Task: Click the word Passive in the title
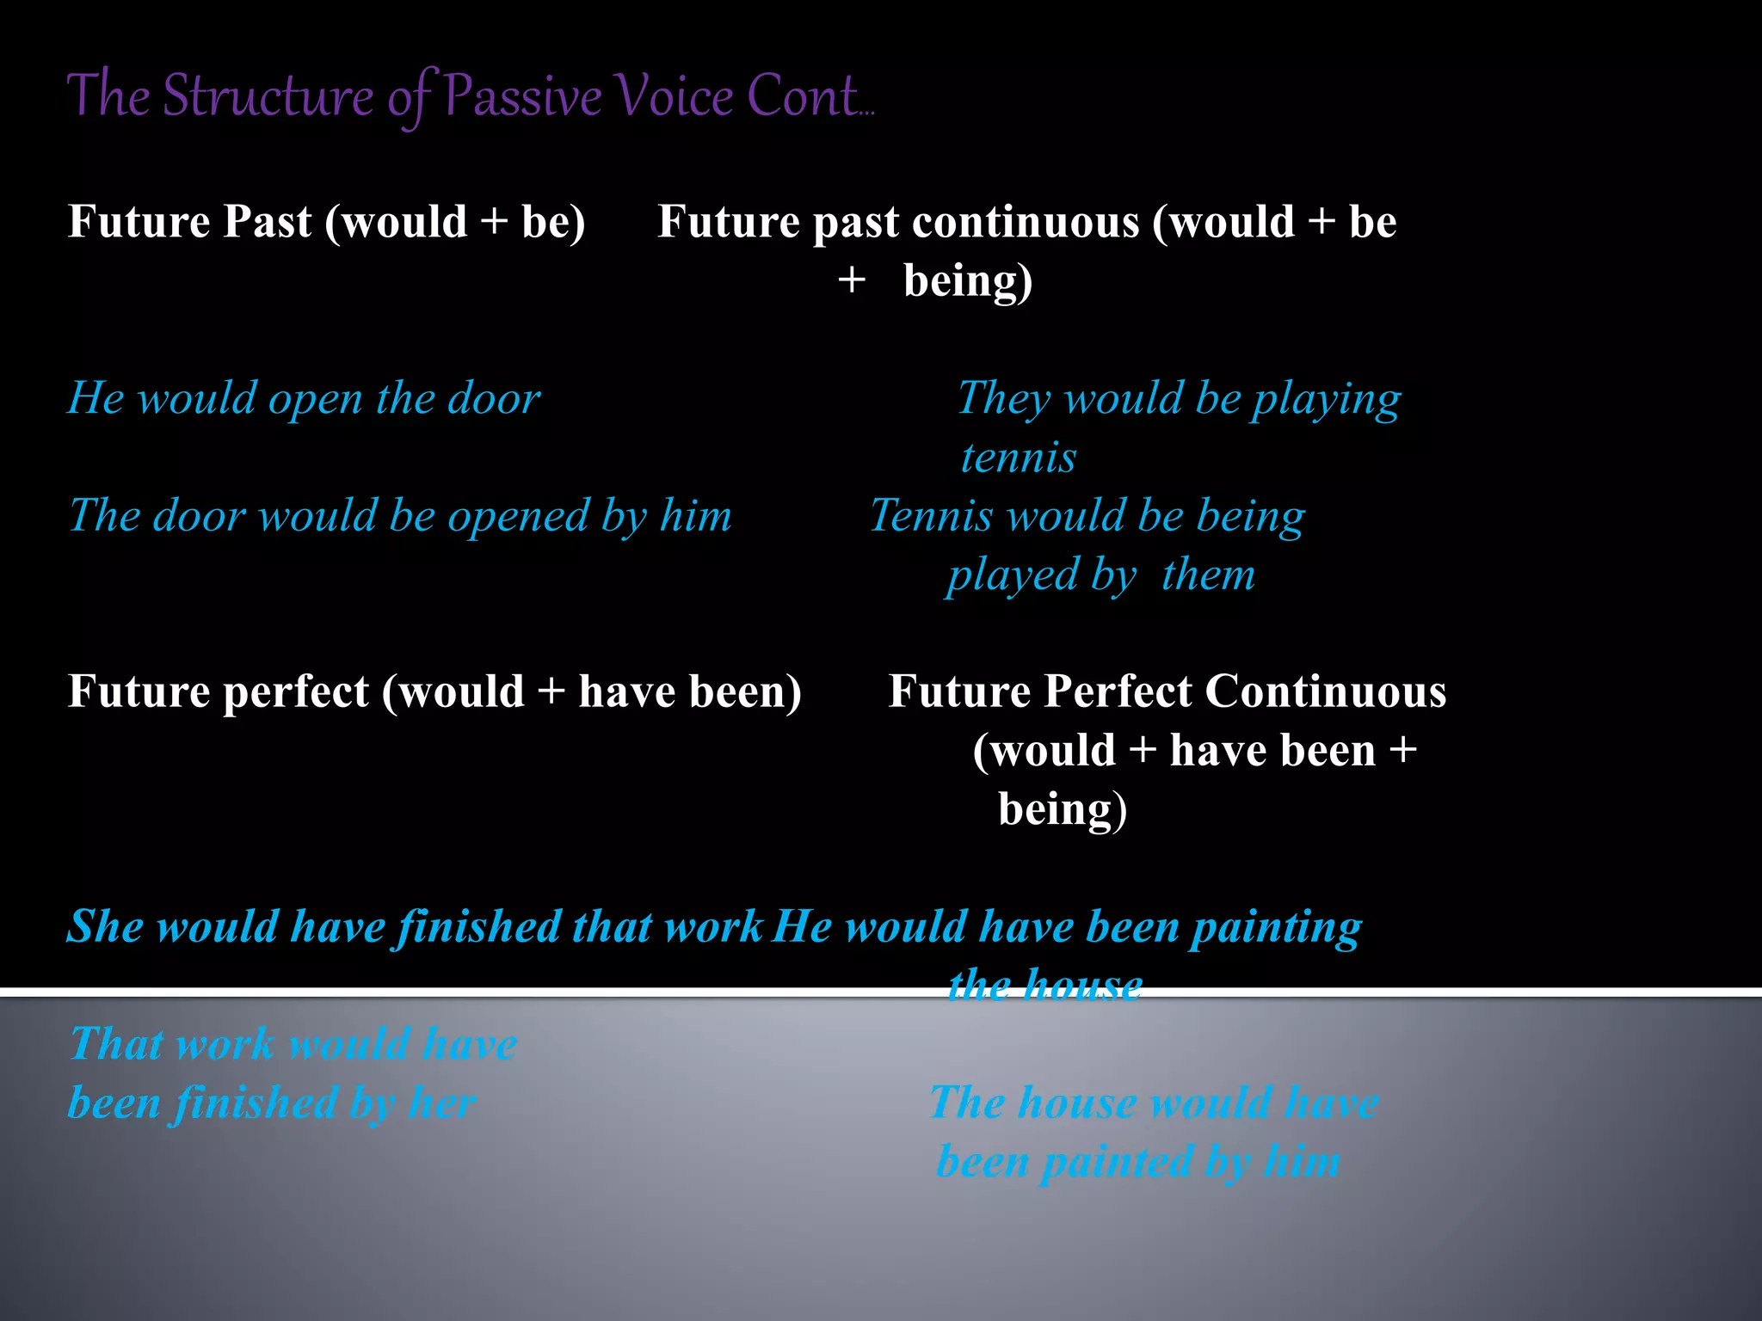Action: (523, 96)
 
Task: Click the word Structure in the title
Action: (268, 96)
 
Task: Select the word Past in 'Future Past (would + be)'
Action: (268, 222)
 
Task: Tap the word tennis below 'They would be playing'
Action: (1018, 458)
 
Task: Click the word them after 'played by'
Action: (1208, 574)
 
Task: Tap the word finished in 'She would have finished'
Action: (477, 928)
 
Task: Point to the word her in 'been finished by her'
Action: (442, 1103)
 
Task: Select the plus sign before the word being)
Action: (851, 281)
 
